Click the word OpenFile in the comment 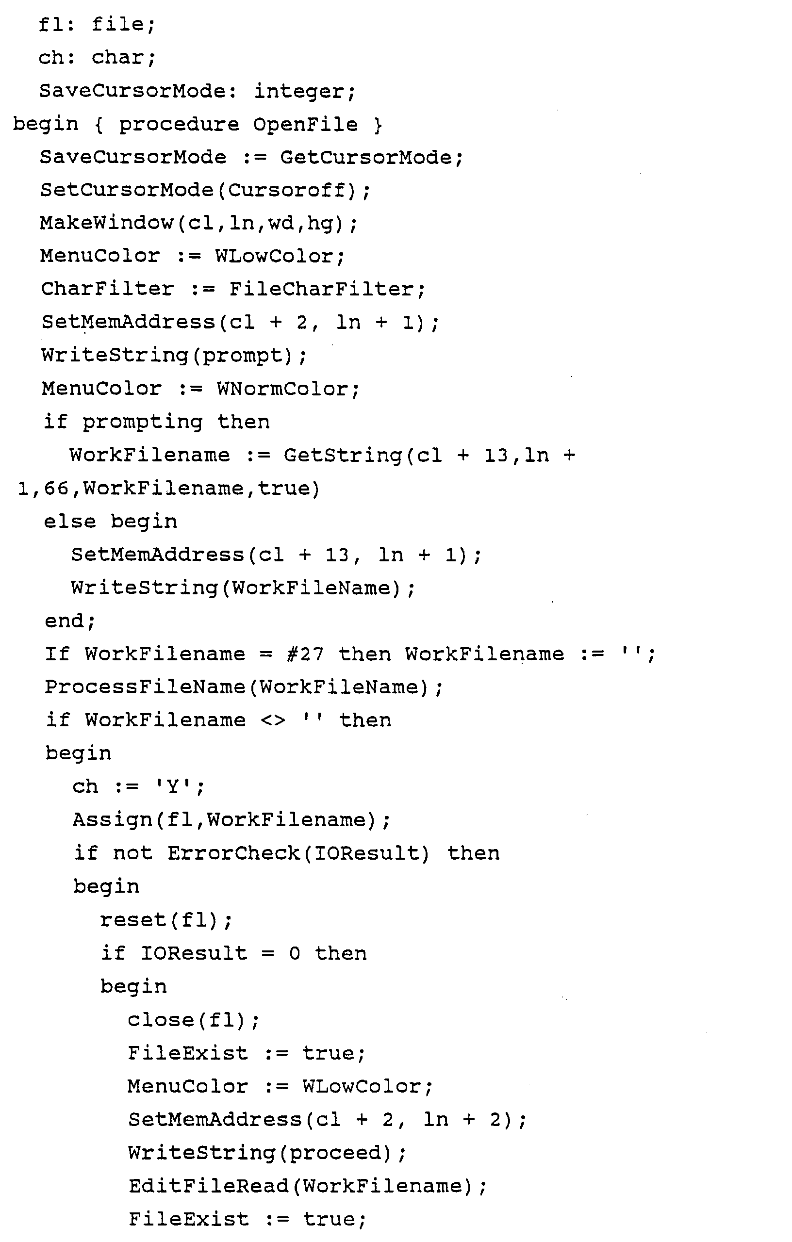click(x=305, y=125)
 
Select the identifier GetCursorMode click(x=366, y=157)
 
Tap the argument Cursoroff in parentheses click(x=286, y=190)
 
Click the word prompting click(x=142, y=423)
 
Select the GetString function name click(x=343, y=456)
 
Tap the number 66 click(x=57, y=489)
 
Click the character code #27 click(x=305, y=654)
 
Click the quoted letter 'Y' click(x=173, y=786)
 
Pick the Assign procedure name click(x=112, y=820)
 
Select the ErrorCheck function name click(x=233, y=853)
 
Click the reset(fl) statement click(x=165, y=920)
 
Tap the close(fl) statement click(x=193, y=1020)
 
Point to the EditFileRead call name click(x=209, y=1186)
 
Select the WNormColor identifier click(x=282, y=389)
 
